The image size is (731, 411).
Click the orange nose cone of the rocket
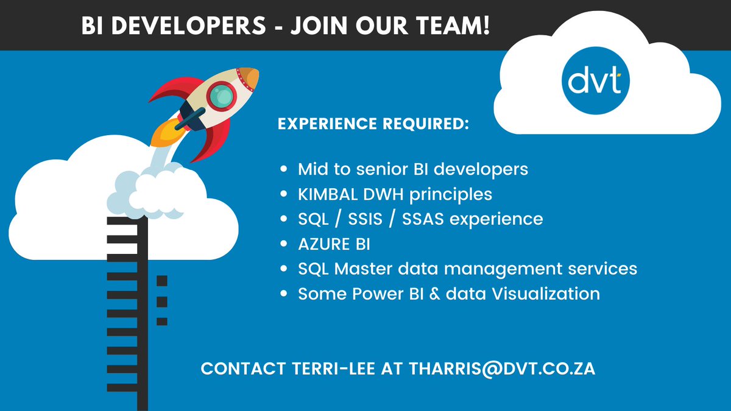pyautogui.click(x=250, y=78)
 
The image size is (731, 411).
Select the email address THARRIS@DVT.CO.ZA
pyautogui.click(x=502, y=369)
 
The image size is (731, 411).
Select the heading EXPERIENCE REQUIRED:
pyautogui.click(x=373, y=124)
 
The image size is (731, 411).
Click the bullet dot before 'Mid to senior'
pyautogui.click(x=284, y=170)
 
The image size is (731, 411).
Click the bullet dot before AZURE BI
pyautogui.click(x=284, y=244)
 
